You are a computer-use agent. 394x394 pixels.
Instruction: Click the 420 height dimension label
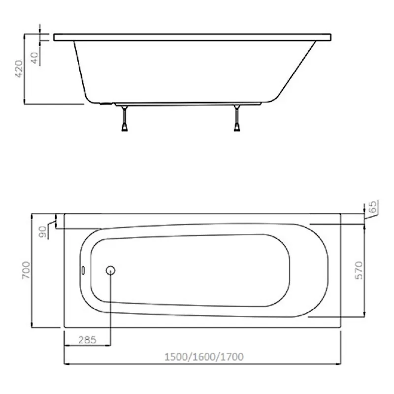[x=19, y=68]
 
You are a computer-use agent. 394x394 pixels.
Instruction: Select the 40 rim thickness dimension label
[x=34, y=58]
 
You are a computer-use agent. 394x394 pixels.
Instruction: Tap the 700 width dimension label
[x=26, y=270]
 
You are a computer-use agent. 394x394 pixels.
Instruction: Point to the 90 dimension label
[x=42, y=231]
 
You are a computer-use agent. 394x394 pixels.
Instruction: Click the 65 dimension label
[x=373, y=206]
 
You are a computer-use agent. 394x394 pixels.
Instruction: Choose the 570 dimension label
[x=359, y=270]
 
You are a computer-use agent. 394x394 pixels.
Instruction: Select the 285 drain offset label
[x=87, y=340]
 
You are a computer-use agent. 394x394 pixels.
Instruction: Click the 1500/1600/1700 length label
[x=204, y=357]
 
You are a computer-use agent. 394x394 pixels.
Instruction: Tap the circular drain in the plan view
[x=110, y=270]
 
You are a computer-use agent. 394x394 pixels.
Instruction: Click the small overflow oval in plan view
[x=83, y=270]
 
